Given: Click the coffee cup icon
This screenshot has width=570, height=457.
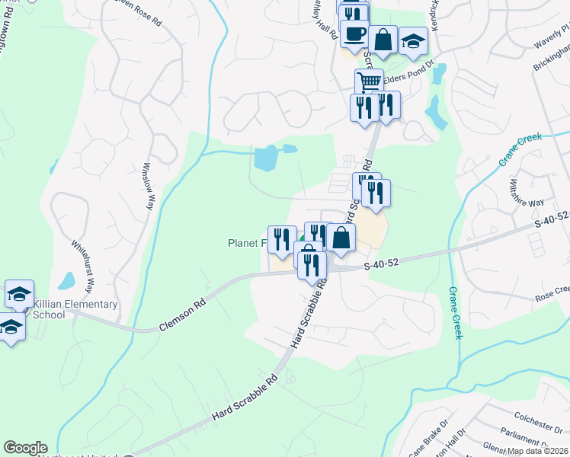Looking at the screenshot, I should click(354, 35).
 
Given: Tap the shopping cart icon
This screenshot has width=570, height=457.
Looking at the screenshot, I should click(369, 81).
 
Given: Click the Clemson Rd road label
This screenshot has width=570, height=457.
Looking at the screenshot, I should click(184, 314).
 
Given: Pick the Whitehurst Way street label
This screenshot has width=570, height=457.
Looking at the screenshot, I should click(82, 267).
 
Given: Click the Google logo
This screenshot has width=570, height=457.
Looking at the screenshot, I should click(25, 448).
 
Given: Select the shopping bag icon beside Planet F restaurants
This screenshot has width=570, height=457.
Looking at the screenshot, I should click(341, 238).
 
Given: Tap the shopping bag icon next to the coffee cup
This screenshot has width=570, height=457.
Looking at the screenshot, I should click(383, 39).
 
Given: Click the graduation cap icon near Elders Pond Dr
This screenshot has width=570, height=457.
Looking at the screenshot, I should click(413, 42).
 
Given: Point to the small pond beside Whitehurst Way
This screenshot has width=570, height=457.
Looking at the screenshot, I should click(66, 281).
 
